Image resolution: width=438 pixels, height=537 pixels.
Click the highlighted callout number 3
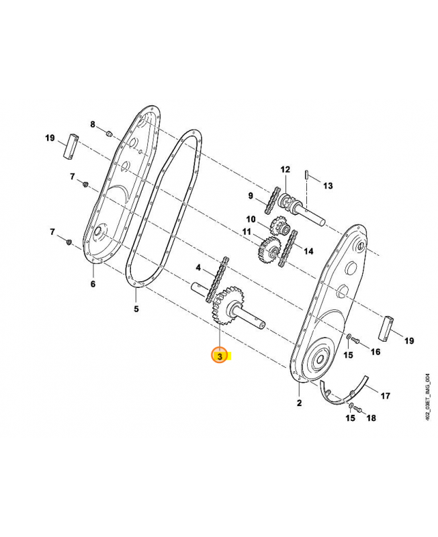[x=220, y=356]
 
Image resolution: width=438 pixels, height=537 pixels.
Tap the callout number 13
[x=328, y=186]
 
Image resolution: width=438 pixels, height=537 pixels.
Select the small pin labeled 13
[x=307, y=174]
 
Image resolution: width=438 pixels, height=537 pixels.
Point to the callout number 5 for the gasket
[x=136, y=309]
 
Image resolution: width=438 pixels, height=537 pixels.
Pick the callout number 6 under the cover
[x=93, y=284]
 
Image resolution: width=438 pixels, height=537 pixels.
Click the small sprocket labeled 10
[x=279, y=226]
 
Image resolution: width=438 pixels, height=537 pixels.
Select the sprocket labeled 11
[x=269, y=250]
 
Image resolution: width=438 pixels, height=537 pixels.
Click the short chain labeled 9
[x=272, y=200]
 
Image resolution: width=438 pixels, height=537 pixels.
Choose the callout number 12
[x=285, y=170]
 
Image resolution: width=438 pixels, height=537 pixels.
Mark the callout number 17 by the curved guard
[x=385, y=396]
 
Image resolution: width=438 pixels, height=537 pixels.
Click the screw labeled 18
[x=358, y=408]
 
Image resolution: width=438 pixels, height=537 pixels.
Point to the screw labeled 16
[x=355, y=340]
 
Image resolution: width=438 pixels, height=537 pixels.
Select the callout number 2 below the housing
[x=299, y=403]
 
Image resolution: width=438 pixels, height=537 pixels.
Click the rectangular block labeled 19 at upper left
[x=71, y=146]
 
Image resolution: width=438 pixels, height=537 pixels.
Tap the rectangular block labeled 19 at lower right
[x=386, y=328]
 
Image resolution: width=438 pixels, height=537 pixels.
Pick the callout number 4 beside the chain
[x=198, y=267]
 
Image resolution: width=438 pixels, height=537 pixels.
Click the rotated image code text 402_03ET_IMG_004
[x=427, y=397]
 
